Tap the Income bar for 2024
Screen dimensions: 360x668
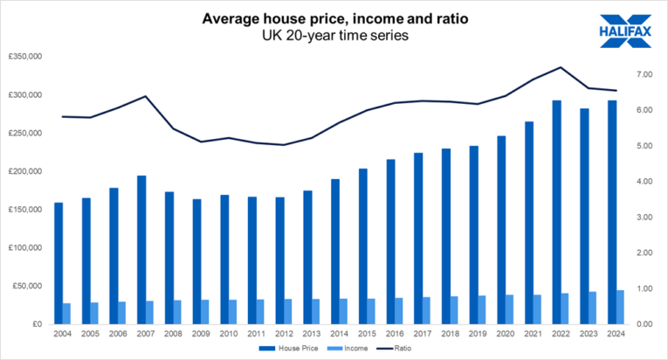click(620, 307)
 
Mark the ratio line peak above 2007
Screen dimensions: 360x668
click(146, 96)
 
